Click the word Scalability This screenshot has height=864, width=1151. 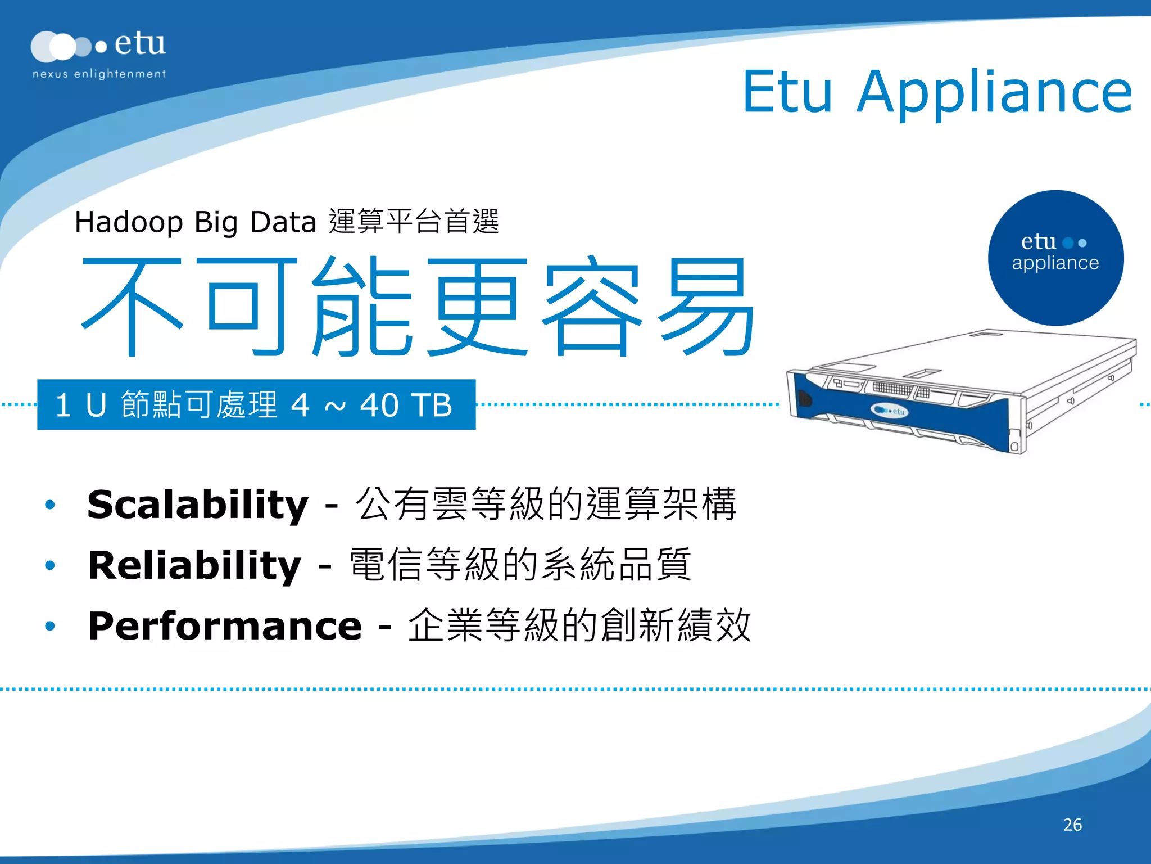point(198,504)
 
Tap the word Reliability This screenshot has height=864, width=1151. point(194,565)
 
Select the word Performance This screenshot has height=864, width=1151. point(225,625)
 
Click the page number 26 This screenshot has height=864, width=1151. point(1072,825)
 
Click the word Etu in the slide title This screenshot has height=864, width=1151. point(787,92)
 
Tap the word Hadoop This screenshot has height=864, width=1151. point(129,222)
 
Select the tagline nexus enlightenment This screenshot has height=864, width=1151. point(99,74)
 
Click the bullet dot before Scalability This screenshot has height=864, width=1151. point(50,505)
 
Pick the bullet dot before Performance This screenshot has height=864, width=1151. point(50,626)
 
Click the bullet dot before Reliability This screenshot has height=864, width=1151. point(50,565)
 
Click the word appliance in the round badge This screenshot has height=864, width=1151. point(1055,263)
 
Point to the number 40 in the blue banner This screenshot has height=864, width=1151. point(379,405)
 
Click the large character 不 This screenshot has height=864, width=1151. point(133,307)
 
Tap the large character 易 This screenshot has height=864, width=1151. point(707,307)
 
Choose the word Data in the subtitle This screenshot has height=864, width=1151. point(283,222)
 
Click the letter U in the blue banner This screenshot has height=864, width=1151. point(96,405)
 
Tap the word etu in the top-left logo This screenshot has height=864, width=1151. point(140,43)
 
